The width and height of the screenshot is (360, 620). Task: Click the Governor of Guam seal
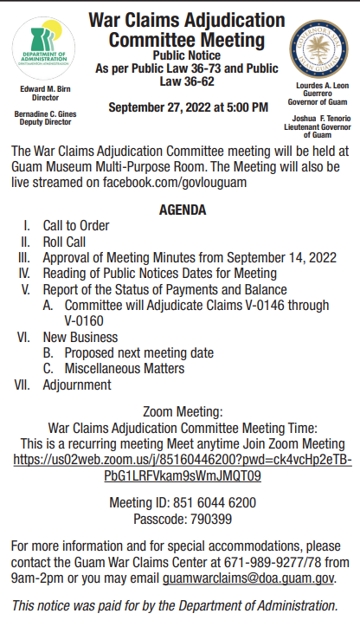click(314, 48)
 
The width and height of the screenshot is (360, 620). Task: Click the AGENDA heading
click(183, 210)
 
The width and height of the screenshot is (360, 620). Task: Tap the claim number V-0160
click(84, 320)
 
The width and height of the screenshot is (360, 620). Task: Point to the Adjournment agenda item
click(77, 384)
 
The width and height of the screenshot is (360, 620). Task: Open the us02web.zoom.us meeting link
click(183, 467)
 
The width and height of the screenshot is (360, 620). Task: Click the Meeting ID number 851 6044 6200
click(208, 502)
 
